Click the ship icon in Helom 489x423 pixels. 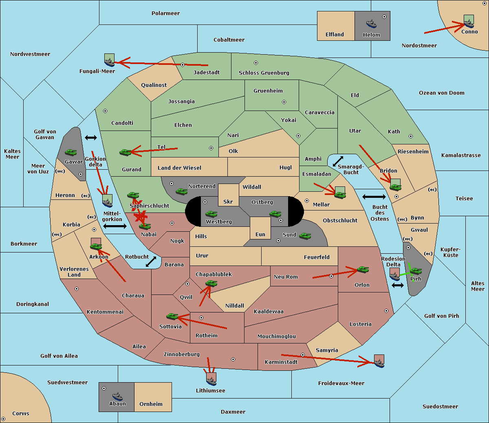pyautogui.click(x=371, y=23)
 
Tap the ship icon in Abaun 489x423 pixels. pyautogui.click(x=118, y=397)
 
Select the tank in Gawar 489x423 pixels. pyautogui.click(x=70, y=152)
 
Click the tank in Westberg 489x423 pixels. pyautogui.click(x=211, y=214)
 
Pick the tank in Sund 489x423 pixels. pyautogui.click(x=305, y=236)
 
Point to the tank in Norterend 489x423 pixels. pyautogui.click(x=181, y=191)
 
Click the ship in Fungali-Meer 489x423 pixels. pyautogui.click(x=109, y=62)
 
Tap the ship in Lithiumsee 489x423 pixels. pyautogui.click(x=211, y=381)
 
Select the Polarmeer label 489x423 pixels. pyautogui.click(x=165, y=13)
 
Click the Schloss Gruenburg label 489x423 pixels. pyautogui.click(x=264, y=73)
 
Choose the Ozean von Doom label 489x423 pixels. pyautogui.click(x=442, y=93)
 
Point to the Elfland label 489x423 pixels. pyautogui.click(x=335, y=35)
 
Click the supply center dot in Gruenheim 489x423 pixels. pyautogui.click(x=284, y=102)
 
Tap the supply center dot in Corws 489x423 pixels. pyautogui.click(x=4, y=419)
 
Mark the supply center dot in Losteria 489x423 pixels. pyautogui.click(x=386, y=311)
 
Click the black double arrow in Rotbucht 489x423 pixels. pyautogui.click(x=151, y=262)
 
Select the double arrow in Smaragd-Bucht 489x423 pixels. pyautogui.click(x=338, y=161)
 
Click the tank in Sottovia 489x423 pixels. pyautogui.click(x=172, y=316)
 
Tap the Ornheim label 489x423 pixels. pyautogui.click(x=151, y=404)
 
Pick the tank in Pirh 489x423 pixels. pyautogui.click(x=416, y=271)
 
